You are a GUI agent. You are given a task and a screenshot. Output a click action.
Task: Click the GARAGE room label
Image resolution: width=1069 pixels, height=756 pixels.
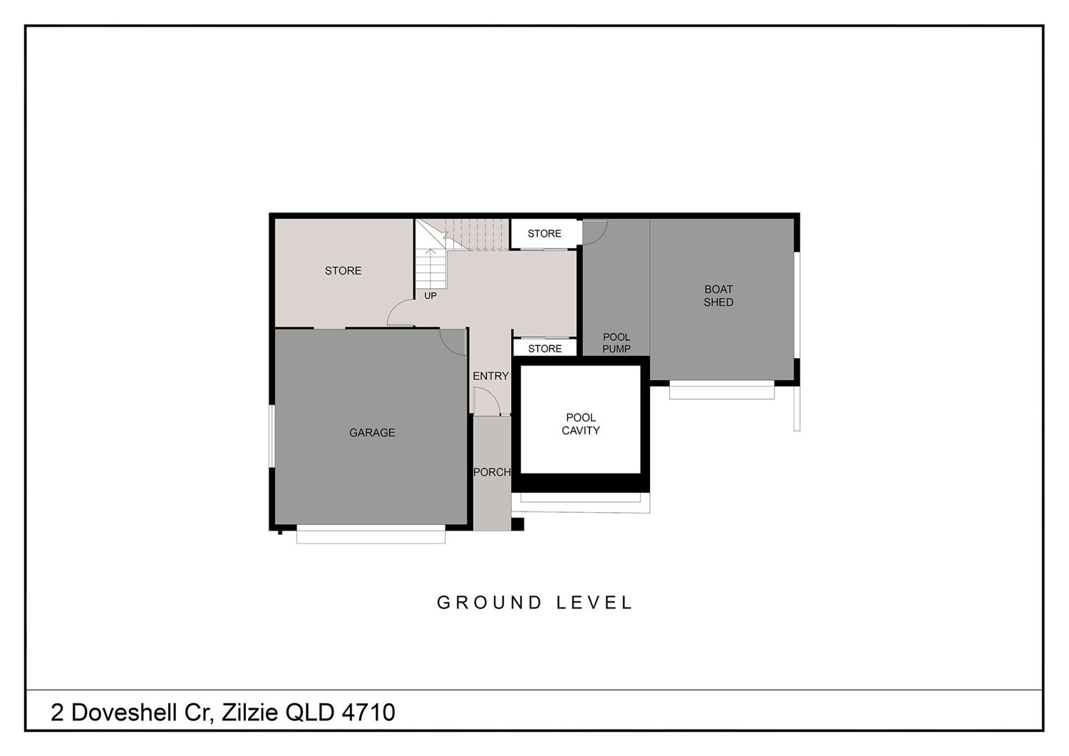click(372, 433)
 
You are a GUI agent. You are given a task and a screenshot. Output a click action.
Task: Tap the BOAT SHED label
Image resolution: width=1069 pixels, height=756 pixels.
click(718, 295)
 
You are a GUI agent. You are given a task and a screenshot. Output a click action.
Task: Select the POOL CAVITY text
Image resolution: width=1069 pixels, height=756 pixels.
click(580, 424)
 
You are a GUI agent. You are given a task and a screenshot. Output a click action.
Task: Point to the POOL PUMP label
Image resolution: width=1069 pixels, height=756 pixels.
click(616, 343)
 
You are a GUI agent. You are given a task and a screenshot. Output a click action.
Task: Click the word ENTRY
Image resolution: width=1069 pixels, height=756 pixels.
click(490, 377)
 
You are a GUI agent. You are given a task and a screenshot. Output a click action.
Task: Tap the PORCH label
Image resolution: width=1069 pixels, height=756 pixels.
click(492, 472)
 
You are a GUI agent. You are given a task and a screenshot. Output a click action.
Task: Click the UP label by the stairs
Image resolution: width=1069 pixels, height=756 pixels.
click(430, 296)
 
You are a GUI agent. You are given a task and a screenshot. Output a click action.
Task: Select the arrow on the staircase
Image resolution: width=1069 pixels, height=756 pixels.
click(430, 267)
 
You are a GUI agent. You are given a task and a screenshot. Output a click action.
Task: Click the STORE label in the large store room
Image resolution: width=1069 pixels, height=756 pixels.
click(343, 271)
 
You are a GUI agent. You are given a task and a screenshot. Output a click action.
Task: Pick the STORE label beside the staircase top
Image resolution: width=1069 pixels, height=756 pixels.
click(544, 233)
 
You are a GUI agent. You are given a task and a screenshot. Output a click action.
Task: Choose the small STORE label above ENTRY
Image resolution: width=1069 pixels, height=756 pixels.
click(544, 349)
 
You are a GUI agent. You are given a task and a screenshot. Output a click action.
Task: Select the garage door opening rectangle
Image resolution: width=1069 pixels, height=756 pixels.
click(371, 534)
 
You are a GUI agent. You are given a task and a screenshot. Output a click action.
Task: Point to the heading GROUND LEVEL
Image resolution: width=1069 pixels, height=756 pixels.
click(534, 603)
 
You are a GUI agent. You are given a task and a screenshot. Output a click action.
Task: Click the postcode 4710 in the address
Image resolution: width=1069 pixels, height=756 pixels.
click(368, 712)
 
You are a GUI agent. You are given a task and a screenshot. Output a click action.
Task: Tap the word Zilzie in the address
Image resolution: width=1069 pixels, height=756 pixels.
click(250, 712)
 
